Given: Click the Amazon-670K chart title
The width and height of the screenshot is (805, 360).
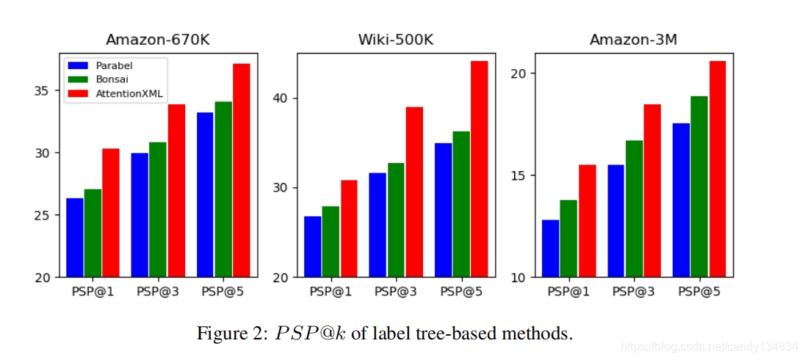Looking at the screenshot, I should point(158,40).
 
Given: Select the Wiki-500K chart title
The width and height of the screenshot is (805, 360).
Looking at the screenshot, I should point(396,40).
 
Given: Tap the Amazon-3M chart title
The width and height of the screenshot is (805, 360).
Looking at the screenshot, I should point(633,40).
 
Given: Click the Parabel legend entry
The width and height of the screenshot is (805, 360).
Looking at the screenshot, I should point(114,65).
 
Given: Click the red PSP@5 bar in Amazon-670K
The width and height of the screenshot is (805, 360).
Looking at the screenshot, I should point(242,170).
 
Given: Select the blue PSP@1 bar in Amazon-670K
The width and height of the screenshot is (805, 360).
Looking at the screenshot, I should point(75,237).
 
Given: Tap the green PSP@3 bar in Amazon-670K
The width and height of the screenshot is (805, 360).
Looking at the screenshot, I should point(158,209).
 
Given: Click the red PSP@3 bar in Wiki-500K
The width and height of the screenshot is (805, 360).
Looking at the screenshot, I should point(415,192).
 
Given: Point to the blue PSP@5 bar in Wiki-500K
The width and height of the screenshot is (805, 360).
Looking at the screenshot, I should point(444,210).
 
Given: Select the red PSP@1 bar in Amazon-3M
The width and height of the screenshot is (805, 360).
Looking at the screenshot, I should point(587,220).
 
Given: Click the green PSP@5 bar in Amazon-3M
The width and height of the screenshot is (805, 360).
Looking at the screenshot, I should point(699,187).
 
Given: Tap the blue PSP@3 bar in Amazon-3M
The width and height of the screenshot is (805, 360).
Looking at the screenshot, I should point(616,220).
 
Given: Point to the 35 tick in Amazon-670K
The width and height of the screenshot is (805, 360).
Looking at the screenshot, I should point(43,90).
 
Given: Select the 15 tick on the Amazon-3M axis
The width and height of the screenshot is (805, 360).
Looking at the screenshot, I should point(519,176).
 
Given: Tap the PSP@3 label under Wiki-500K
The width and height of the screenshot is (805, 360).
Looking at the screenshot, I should point(396,292).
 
